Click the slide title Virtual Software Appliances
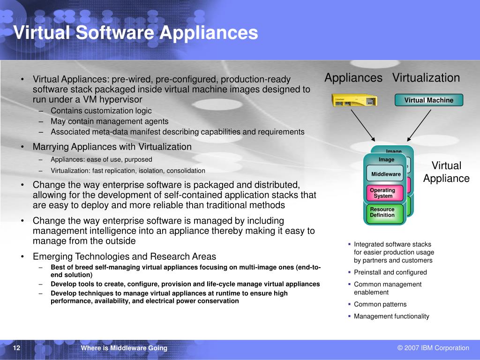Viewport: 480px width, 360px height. [135, 33]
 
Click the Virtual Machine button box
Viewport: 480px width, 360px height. [428, 100]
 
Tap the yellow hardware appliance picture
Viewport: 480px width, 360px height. [354, 100]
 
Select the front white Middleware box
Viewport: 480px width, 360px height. [385, 174]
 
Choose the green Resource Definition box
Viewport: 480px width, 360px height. [384, 212]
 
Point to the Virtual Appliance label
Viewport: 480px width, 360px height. [446, 172]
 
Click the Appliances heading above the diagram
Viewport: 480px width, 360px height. [353, 78]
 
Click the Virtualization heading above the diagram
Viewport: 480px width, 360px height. [426, 78]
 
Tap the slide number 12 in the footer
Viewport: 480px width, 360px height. [17, 348]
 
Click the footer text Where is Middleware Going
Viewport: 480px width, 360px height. [124, 348]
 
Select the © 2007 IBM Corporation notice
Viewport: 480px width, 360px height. [433, 348]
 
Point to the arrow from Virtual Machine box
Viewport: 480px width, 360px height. [420, 124]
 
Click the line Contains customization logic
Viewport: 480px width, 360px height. [101, 111]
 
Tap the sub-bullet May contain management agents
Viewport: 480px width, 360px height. [109, 121]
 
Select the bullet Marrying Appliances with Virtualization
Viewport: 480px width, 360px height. [112, 147]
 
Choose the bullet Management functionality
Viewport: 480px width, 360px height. [391, 316]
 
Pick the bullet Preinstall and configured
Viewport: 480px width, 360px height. [390, 272]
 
